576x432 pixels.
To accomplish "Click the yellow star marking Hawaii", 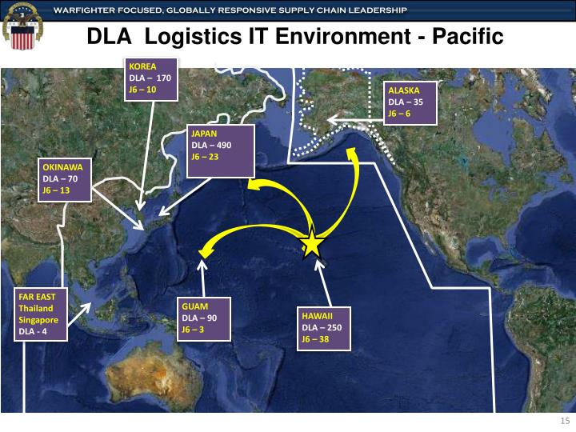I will [312, 243].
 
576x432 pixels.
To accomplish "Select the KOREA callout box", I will [152, 78].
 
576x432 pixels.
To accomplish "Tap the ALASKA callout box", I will [411, 102].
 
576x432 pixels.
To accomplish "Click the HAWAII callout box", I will [326, 328].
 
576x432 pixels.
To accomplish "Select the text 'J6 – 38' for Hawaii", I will [315, 339].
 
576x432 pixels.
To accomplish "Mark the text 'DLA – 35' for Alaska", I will [405, 102].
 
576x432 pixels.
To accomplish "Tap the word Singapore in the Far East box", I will [38, 319].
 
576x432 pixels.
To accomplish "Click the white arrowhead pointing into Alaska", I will [332, 122].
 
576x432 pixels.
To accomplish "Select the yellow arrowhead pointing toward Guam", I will [205, 248].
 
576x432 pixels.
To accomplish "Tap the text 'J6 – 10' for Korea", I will [142, 90].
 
